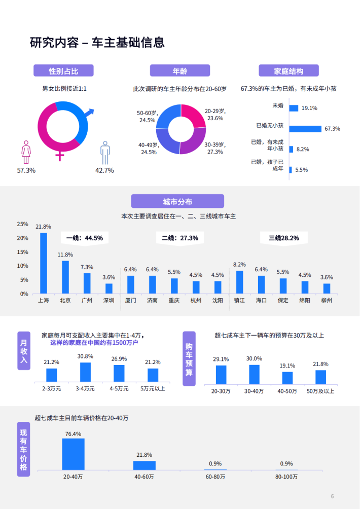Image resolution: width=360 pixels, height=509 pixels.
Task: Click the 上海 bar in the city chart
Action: click(x=44, y=263)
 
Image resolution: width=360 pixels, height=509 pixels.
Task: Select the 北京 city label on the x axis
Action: click(x=65, y=300)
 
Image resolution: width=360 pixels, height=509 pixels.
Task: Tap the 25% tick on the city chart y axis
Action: click(x=23, y=224)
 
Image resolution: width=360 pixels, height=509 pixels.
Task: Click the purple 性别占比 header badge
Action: click(x=63, y=70)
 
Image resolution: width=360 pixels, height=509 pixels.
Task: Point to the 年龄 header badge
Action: click(x=179, y=70)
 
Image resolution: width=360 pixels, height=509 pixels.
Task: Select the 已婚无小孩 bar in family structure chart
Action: click(x=305, y=129)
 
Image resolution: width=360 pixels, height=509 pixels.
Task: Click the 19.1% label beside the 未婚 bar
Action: click(x=309, y=108)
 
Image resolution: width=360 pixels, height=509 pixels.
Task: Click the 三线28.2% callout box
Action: click(x=284, y=238)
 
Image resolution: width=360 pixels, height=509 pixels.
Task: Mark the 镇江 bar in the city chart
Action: click(x=239, y=282)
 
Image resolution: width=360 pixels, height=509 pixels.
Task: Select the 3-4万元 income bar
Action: click(x=85, y=372)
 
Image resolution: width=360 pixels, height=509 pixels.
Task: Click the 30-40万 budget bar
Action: click(x=254, y=374)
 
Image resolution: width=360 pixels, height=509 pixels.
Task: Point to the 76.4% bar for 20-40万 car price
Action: click(x=73, y=454)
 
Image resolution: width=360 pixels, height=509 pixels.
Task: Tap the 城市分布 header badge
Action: click(x=177, y=201)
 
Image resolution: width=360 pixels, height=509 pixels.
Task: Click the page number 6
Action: click(x=332, y=495)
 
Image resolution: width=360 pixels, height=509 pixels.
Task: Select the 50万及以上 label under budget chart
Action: click(x=320, y=391)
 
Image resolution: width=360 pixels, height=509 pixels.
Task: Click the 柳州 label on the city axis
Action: click(x=327, y=300)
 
